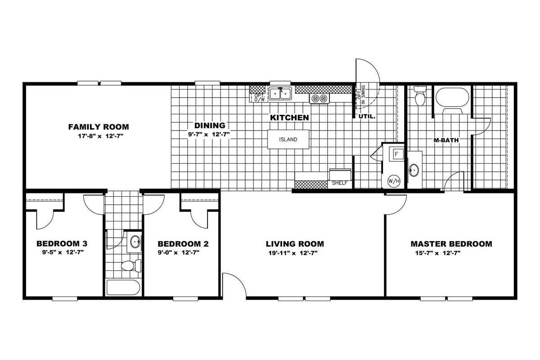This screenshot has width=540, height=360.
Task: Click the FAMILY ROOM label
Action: (99, 127)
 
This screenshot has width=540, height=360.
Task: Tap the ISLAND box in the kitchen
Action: (288, 139)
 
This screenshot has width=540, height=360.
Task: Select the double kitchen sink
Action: (280, 94)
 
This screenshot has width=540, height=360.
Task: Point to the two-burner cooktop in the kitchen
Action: (319, 99)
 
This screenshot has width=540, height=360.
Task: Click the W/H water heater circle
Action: (394, 181)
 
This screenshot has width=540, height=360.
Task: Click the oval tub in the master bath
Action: (452, 97)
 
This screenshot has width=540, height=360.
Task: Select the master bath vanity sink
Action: (414, 171)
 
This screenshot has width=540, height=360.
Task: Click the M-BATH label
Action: (446, 140)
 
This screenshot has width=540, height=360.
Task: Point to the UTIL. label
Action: (367, 117)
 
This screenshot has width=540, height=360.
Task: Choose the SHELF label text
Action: (340, 183)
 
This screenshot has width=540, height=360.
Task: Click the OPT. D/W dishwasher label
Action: (259, 97)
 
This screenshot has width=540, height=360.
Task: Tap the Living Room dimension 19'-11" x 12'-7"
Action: (293, 253)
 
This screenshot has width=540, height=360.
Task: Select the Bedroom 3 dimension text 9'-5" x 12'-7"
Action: (63, 252)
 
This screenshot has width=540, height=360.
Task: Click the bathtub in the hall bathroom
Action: (123, 288)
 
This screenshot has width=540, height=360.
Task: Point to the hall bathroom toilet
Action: (131, 265)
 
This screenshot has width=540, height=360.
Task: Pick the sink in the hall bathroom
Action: (135, 242)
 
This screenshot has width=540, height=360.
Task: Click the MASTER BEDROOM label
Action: (451, 244)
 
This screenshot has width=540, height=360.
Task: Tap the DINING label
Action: (210, 126)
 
